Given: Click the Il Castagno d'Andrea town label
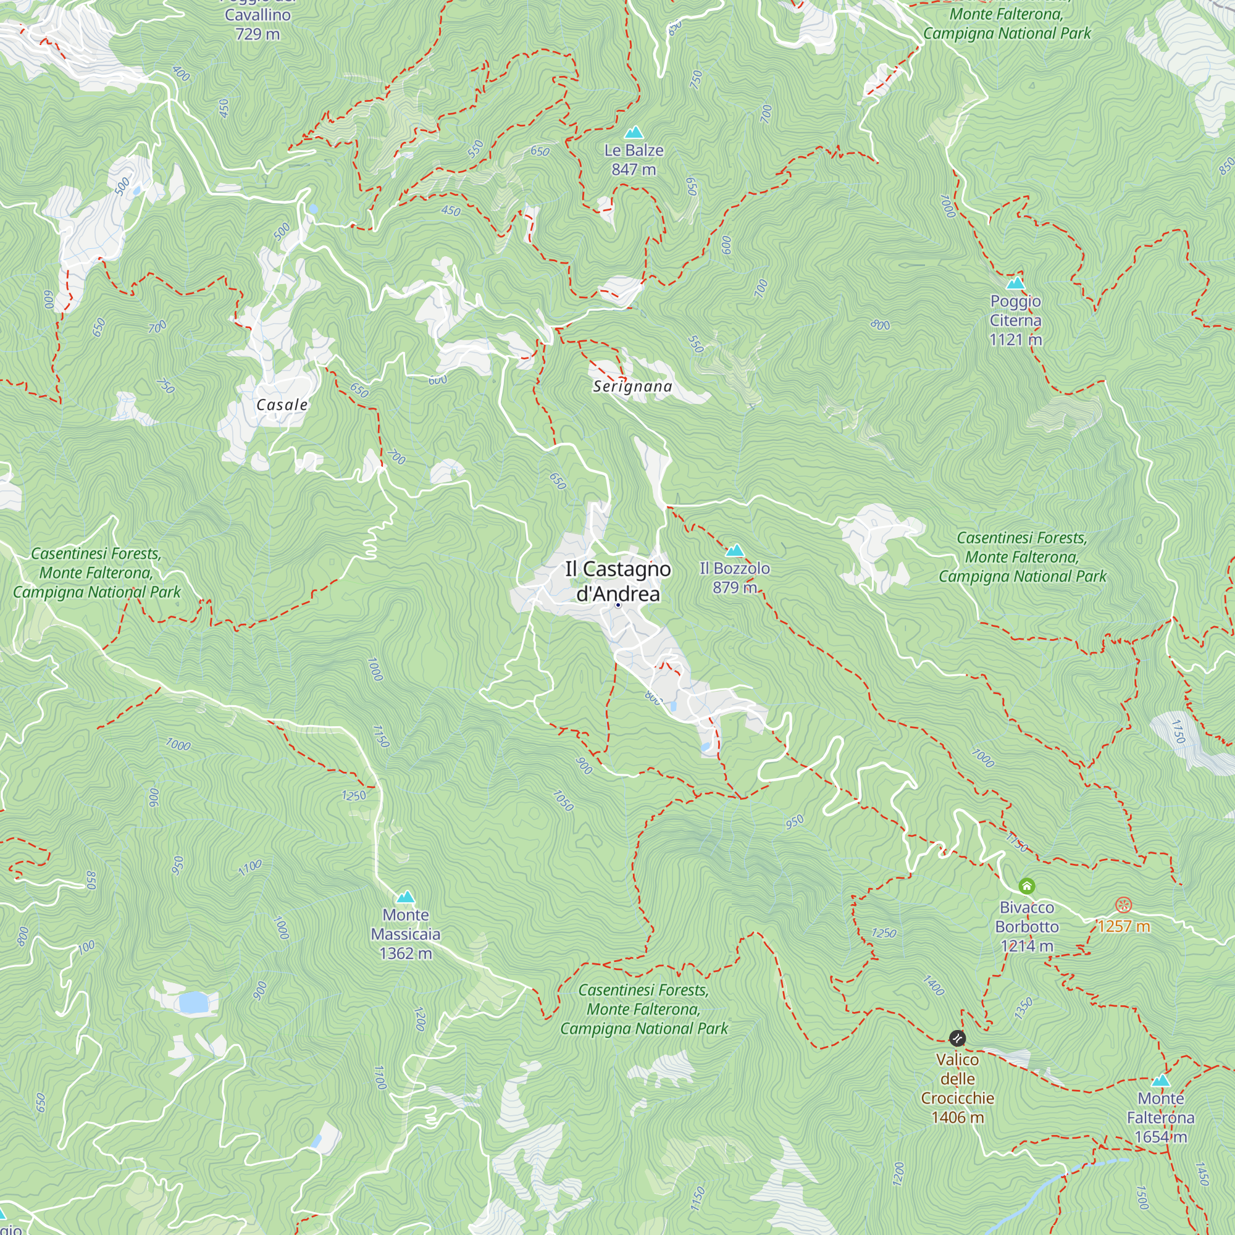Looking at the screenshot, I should tap(617, 580).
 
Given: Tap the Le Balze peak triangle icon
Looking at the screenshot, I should tap(634, 132).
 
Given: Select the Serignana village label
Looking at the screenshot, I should tap(632, 386).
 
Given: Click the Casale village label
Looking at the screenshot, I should tap(282, 404).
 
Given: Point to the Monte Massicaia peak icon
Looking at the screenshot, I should tap(406, 897).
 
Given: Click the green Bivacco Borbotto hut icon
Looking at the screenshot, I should tap(1027, 886).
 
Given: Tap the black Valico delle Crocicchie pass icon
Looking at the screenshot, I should tap(957, 1037).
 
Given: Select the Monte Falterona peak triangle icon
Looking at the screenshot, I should tap(1161, 1081).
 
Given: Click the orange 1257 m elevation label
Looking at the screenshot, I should tap(1124, 926).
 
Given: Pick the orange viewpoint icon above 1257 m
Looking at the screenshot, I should tap(1124, 905).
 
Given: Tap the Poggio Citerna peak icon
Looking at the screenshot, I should tap(1015, 283).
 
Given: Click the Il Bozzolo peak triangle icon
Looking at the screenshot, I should tap(734, 550).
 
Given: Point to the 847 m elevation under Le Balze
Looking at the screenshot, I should tap(634, 169).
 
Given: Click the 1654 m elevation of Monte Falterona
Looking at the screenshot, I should tap(1161, 1137).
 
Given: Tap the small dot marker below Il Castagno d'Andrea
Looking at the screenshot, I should tap(618, 605).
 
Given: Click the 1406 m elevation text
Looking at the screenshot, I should tap(957, 1118).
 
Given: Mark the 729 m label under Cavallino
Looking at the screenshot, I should tap(257, 34).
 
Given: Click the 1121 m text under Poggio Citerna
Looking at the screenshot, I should tap(1015, 340).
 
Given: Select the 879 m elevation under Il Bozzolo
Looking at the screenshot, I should tap(734, 587).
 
